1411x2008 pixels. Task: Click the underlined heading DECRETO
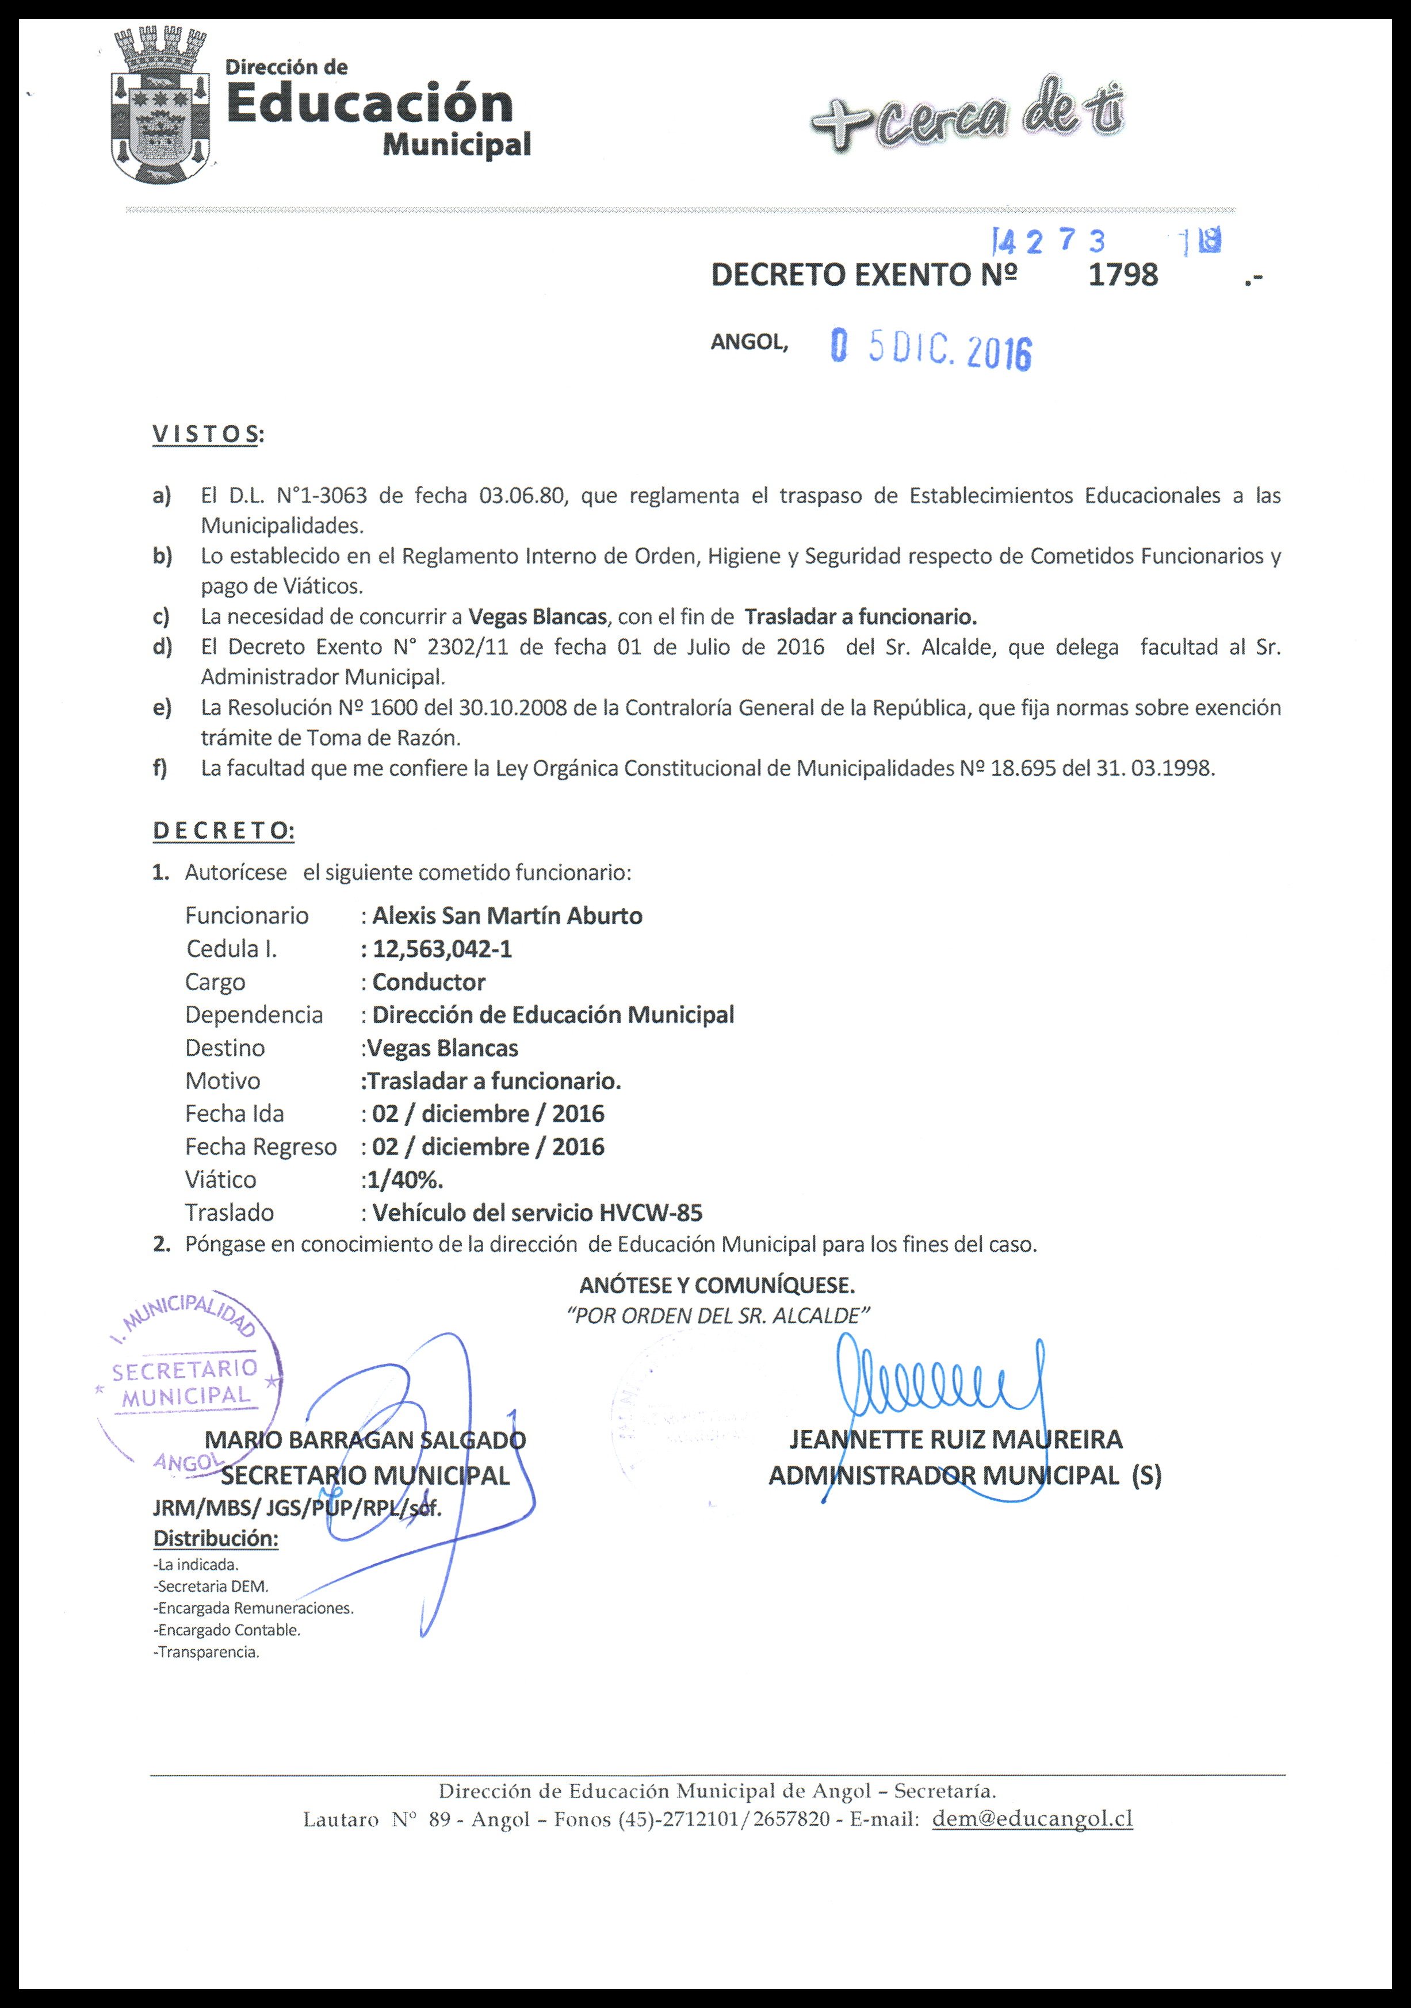pos(223,831)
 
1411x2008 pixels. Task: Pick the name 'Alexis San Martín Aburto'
pos(507,915)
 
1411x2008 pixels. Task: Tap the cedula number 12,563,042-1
pos(442,949)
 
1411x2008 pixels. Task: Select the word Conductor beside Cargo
pos(429,982)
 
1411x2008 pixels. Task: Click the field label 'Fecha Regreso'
pos(261,1147)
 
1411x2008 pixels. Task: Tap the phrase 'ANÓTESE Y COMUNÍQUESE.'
pos(717,1286)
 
